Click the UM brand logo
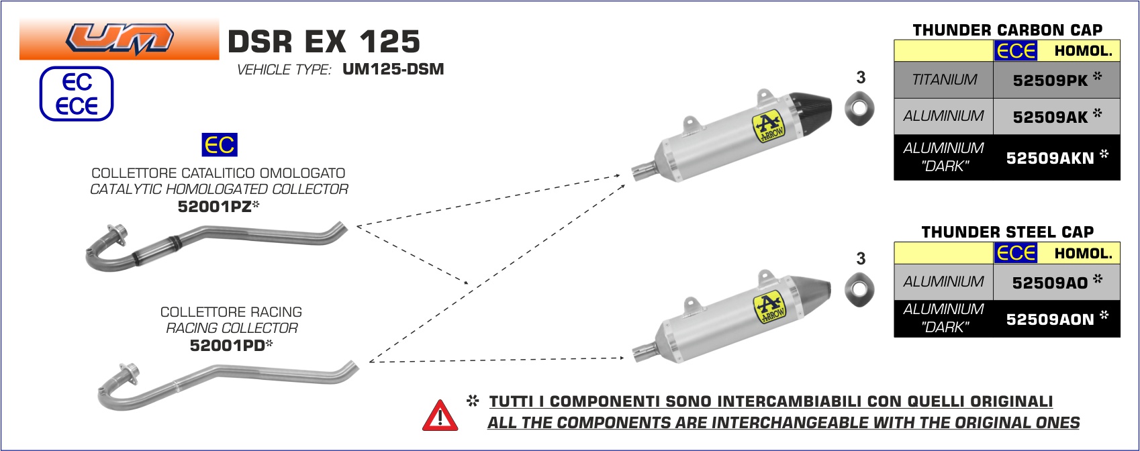(x=120, y=39)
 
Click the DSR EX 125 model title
(x=324, y=41)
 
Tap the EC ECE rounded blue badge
(x=77, y=94)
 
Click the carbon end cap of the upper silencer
(x=812, y=111)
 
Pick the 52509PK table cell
(x=1057, y=80)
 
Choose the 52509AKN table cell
(x=1057, y=157)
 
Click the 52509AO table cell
(x=1057, y=282)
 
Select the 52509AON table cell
(x=1057, y=318)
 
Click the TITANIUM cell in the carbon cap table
(x=944, y=80)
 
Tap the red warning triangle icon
(x=440, y=416)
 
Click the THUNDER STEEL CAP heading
(x=1008, y=232)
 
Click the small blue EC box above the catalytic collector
(x=220, y=145)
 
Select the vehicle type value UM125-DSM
(x=393, y=69)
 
